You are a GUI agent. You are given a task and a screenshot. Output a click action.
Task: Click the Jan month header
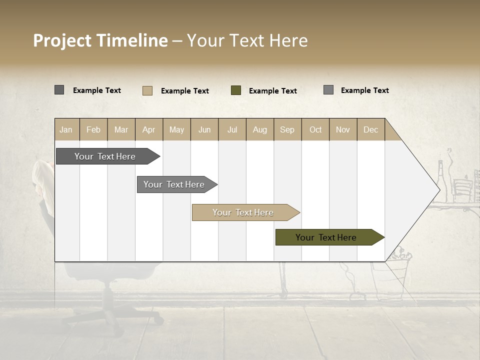(66, 129)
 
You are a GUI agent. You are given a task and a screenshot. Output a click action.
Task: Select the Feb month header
(93, 129)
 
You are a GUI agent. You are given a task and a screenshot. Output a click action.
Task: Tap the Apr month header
(148, 129)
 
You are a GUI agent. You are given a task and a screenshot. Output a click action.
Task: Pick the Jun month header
(204, 129)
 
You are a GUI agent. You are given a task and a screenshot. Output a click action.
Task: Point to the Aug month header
(259, 129)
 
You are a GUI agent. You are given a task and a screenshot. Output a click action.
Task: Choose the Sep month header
(287, 129)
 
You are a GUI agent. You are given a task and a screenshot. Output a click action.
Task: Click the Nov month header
(342, 129)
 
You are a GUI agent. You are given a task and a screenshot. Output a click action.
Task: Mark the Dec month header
(370, 129)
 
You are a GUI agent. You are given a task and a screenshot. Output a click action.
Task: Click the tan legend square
(147, 90)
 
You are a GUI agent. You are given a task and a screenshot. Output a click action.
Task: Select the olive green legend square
(236, 90)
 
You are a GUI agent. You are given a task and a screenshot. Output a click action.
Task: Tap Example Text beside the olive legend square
(272, 91)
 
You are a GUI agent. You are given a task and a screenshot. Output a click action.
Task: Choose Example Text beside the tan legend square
(184, 91)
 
